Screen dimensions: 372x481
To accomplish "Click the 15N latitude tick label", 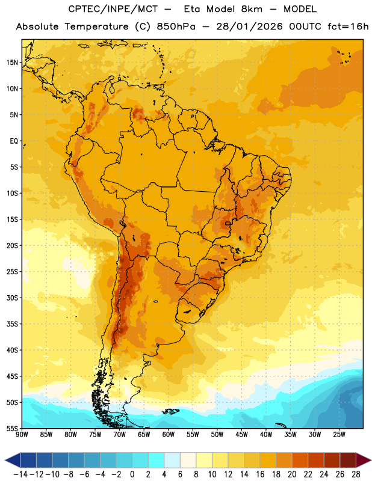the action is [x=12, y=63].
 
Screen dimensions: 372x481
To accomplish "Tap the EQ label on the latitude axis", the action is [x=14, y=141].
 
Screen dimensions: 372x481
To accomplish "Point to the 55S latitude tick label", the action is [x=12, y=428].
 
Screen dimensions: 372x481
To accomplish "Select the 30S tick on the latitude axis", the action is [x=12, y=298].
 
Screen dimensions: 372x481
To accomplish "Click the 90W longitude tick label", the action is [x=22, y=435].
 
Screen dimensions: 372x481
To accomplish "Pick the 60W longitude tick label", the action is [x=169, y=435].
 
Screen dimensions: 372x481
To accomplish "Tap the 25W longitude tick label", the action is [x=339, y=435].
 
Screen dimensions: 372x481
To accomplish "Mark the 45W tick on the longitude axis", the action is [x=241, y=435].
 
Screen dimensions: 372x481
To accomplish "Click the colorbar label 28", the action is [x=356, y=474].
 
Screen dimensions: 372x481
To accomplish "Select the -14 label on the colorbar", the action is [x=20, y=474].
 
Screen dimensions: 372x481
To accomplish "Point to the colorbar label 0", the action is [x=132, y=474].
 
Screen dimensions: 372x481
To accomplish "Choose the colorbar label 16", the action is [x=260, y=474].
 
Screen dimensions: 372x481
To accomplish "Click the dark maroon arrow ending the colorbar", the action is [x=363, y=461].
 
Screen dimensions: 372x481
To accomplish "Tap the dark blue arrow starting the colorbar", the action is [x=13, y=461].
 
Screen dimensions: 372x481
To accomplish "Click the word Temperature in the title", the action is [x=97, y=27].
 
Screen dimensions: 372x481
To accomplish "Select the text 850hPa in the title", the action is [x=176, y=26].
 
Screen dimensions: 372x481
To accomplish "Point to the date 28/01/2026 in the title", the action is [x=249, y=26].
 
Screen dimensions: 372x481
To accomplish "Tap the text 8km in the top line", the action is [x=252, y=9].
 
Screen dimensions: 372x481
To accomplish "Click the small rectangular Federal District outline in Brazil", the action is [x=228, y=223].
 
